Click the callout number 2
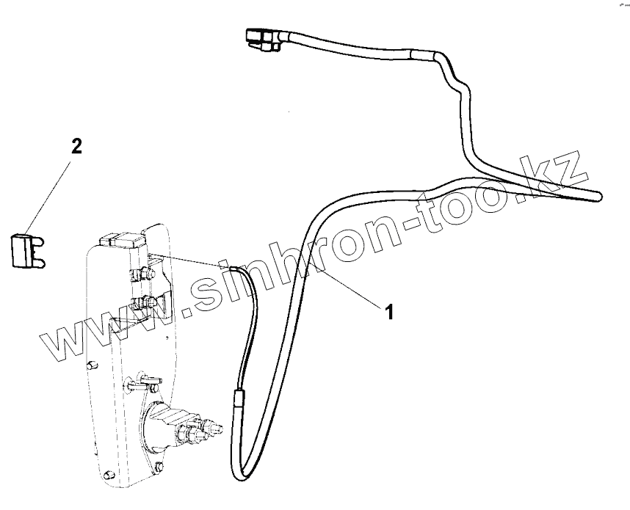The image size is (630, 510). click(x=76, y=145)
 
